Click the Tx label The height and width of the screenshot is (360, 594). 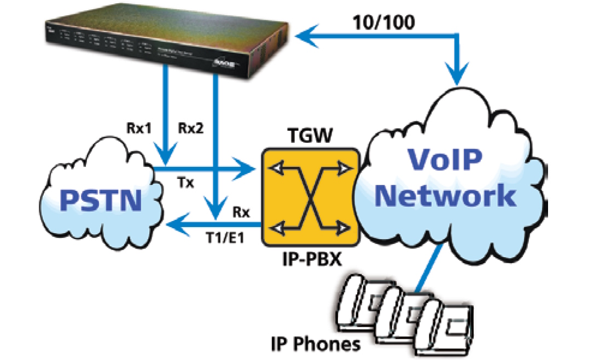coord(188,183)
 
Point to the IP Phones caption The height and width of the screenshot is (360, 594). coord(316,344)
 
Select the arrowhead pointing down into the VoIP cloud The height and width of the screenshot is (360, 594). coord(457,77)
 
